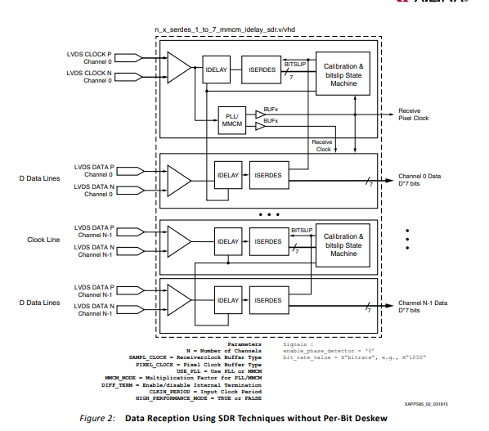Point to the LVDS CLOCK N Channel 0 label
(x=89, y=78)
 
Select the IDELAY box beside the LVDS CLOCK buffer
(x=216, y=71)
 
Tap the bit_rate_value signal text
(x=307, y=357)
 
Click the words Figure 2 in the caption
(x=96, y=418)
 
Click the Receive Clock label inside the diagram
(x=321, y=145)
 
